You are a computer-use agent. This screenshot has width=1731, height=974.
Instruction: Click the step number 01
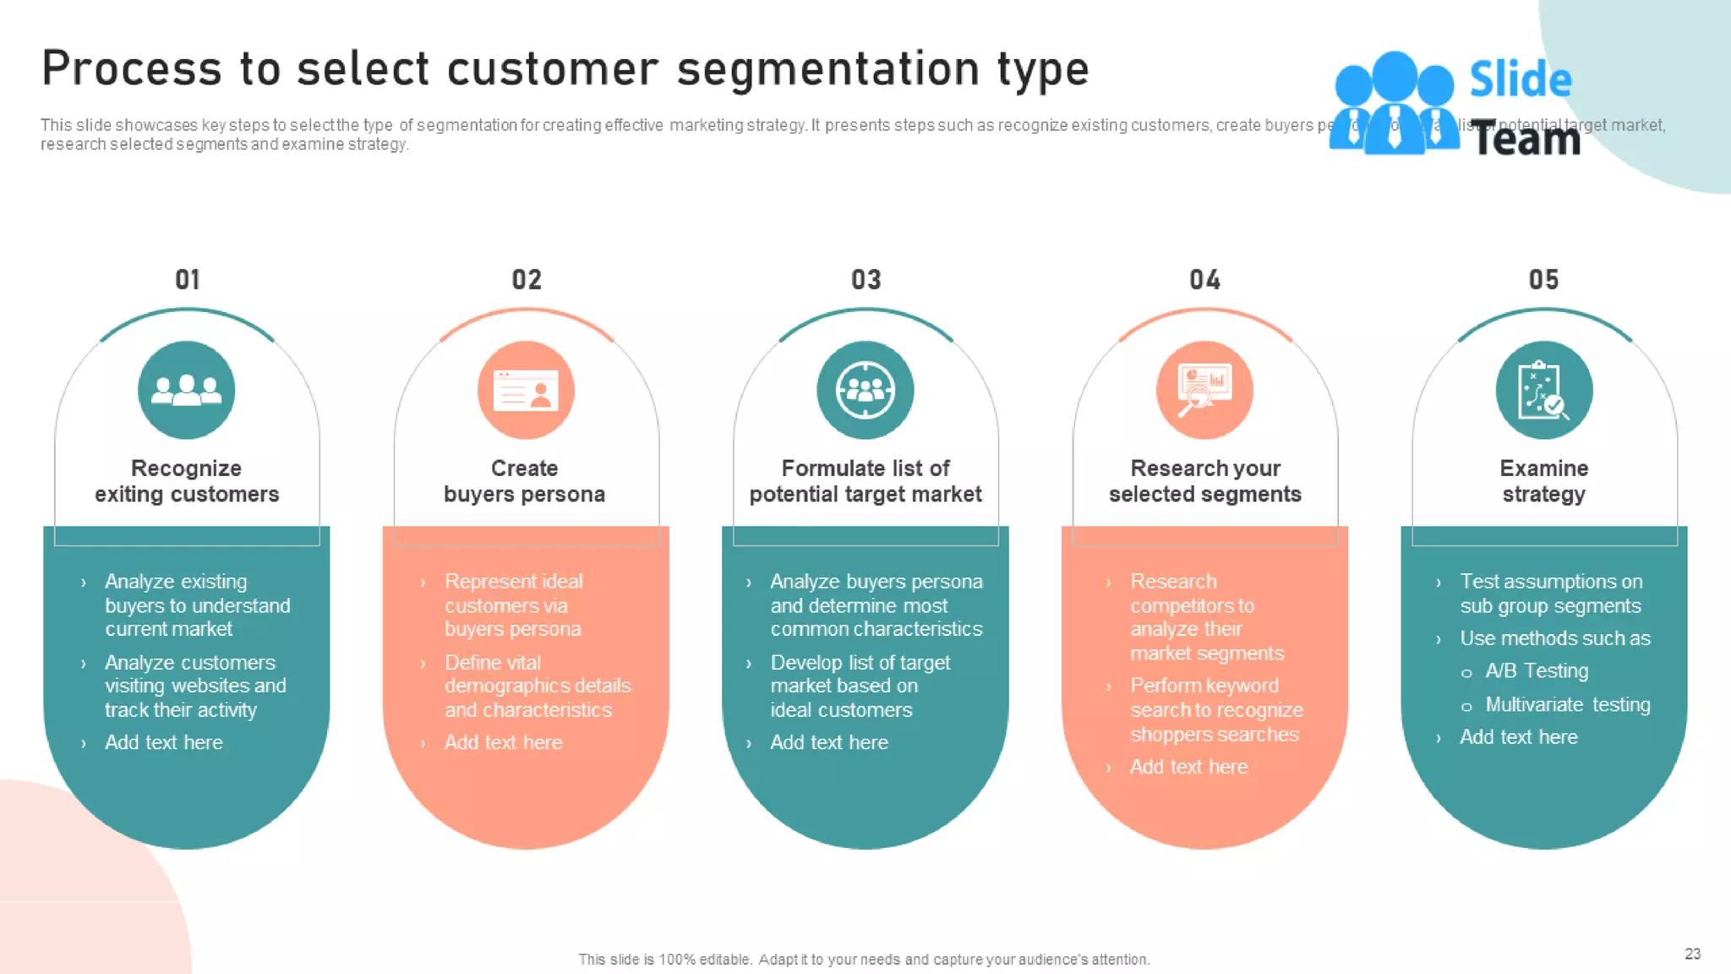[x=188, y=280]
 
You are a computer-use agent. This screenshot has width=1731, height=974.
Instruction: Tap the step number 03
[x=866, y=280]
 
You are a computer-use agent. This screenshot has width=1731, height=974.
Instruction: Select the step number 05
[x=1543, y=280]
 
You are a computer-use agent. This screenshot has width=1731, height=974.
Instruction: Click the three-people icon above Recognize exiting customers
[x=187, y=390]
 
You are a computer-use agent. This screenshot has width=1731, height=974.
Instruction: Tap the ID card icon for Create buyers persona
[x=526, y=390]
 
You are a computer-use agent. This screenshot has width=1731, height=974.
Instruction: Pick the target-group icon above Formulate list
[x=865, y=390]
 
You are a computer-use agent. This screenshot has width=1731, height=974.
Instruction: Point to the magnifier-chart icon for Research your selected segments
[x=1204, y=390]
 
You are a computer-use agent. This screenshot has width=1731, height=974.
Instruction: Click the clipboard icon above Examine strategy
[x=1544, y=390]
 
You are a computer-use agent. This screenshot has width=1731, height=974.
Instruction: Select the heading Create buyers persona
[x=525, y=481]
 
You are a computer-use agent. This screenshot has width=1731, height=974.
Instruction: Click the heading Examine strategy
[x=1544, y=481]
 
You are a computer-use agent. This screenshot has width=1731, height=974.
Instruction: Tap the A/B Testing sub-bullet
[x=1537, y=671]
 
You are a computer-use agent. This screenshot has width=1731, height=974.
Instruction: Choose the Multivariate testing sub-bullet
[x=1567, y=705]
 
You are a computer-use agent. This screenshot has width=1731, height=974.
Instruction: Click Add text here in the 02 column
[x=503, y=742]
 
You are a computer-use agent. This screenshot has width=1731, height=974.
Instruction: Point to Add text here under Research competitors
[x=1188, y=767]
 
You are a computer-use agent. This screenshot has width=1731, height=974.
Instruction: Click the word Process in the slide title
[x=131, y=68]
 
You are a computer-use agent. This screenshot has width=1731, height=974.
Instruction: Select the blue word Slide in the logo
[x=1521, y=79]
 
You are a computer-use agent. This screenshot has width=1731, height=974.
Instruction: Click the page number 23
[x=1692, y=954]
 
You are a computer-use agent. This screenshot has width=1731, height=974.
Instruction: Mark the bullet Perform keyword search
[x=1215, y=710]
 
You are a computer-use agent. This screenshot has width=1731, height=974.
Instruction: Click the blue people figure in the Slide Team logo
[x=1394, y=104]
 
